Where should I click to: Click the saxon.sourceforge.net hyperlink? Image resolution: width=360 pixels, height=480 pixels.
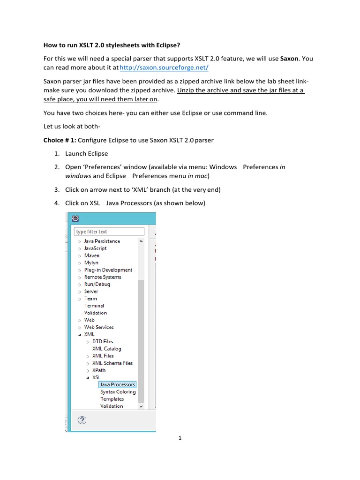(x=165, y=68)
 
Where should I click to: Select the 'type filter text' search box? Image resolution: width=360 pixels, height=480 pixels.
(x=109, y=232)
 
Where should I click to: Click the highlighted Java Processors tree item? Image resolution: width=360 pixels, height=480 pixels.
(x=118, y=385)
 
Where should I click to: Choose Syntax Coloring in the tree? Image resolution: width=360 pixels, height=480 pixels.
(x=118, y=392)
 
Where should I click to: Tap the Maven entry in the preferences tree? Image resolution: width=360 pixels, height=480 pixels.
(x=92, y=255)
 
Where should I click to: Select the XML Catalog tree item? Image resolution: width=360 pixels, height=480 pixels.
(x=106, y=349)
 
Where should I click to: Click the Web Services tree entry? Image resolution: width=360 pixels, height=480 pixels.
(x=99, y=327)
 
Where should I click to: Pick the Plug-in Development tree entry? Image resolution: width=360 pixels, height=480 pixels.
(x=108, y=270)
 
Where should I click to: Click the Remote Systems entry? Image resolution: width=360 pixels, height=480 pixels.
(x=103, y=277)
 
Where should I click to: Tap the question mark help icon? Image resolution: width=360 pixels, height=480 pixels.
(x=82, y=420)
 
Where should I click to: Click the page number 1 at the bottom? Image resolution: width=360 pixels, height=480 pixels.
(x=180, y=438)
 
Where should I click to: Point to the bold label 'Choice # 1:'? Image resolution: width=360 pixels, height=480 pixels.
(x=60, y=140)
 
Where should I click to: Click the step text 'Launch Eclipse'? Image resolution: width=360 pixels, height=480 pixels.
(x=86, y=153)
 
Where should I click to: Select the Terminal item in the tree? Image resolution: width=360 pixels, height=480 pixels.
(x=94, y=306)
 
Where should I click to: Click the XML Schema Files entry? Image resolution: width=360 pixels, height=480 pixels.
(x=112, y=363)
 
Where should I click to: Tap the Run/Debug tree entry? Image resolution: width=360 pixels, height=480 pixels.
(x=97, y=284)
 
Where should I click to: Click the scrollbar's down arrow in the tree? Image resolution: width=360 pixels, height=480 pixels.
(x=141, y=406)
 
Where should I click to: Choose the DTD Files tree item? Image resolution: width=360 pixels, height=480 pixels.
(x=103, y=342)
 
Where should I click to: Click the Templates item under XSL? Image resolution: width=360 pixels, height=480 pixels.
(x=112, y=399)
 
